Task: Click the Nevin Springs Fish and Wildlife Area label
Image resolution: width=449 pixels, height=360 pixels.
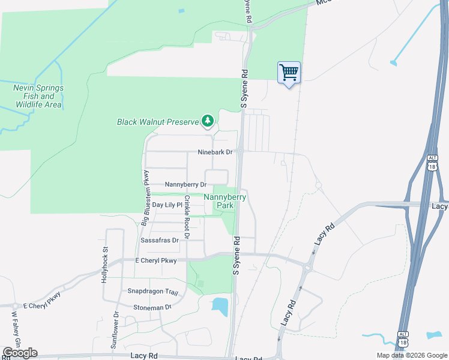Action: (38, 96)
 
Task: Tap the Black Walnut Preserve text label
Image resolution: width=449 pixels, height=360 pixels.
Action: (157, 122)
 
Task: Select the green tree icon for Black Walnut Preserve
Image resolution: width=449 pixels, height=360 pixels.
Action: (208, 121)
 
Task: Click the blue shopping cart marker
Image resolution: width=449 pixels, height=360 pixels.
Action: (289, 73)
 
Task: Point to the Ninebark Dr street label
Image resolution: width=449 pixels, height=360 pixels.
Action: (215, 152)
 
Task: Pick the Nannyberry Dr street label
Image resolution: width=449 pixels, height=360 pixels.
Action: (185, 185)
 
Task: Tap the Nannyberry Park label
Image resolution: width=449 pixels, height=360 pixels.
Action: (225, 200)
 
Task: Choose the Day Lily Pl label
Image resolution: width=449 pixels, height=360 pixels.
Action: (167, 205)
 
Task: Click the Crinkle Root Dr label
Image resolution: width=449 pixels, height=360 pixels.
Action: (187, 217)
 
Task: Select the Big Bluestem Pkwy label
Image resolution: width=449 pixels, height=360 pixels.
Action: (146, 191)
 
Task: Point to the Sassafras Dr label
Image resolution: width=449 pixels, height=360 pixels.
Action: (160, 240)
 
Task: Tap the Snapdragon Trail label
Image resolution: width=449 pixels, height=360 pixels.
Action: (153, 292)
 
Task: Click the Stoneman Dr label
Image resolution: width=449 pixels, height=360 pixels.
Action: (152, 307)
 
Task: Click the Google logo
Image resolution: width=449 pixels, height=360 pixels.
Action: (20, 353)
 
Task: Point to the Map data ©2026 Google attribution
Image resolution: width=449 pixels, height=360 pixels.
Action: (412, 355)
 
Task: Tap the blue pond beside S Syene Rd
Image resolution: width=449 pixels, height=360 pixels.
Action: (220, 307)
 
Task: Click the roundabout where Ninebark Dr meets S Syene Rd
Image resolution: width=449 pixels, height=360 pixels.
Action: (239, 152)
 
